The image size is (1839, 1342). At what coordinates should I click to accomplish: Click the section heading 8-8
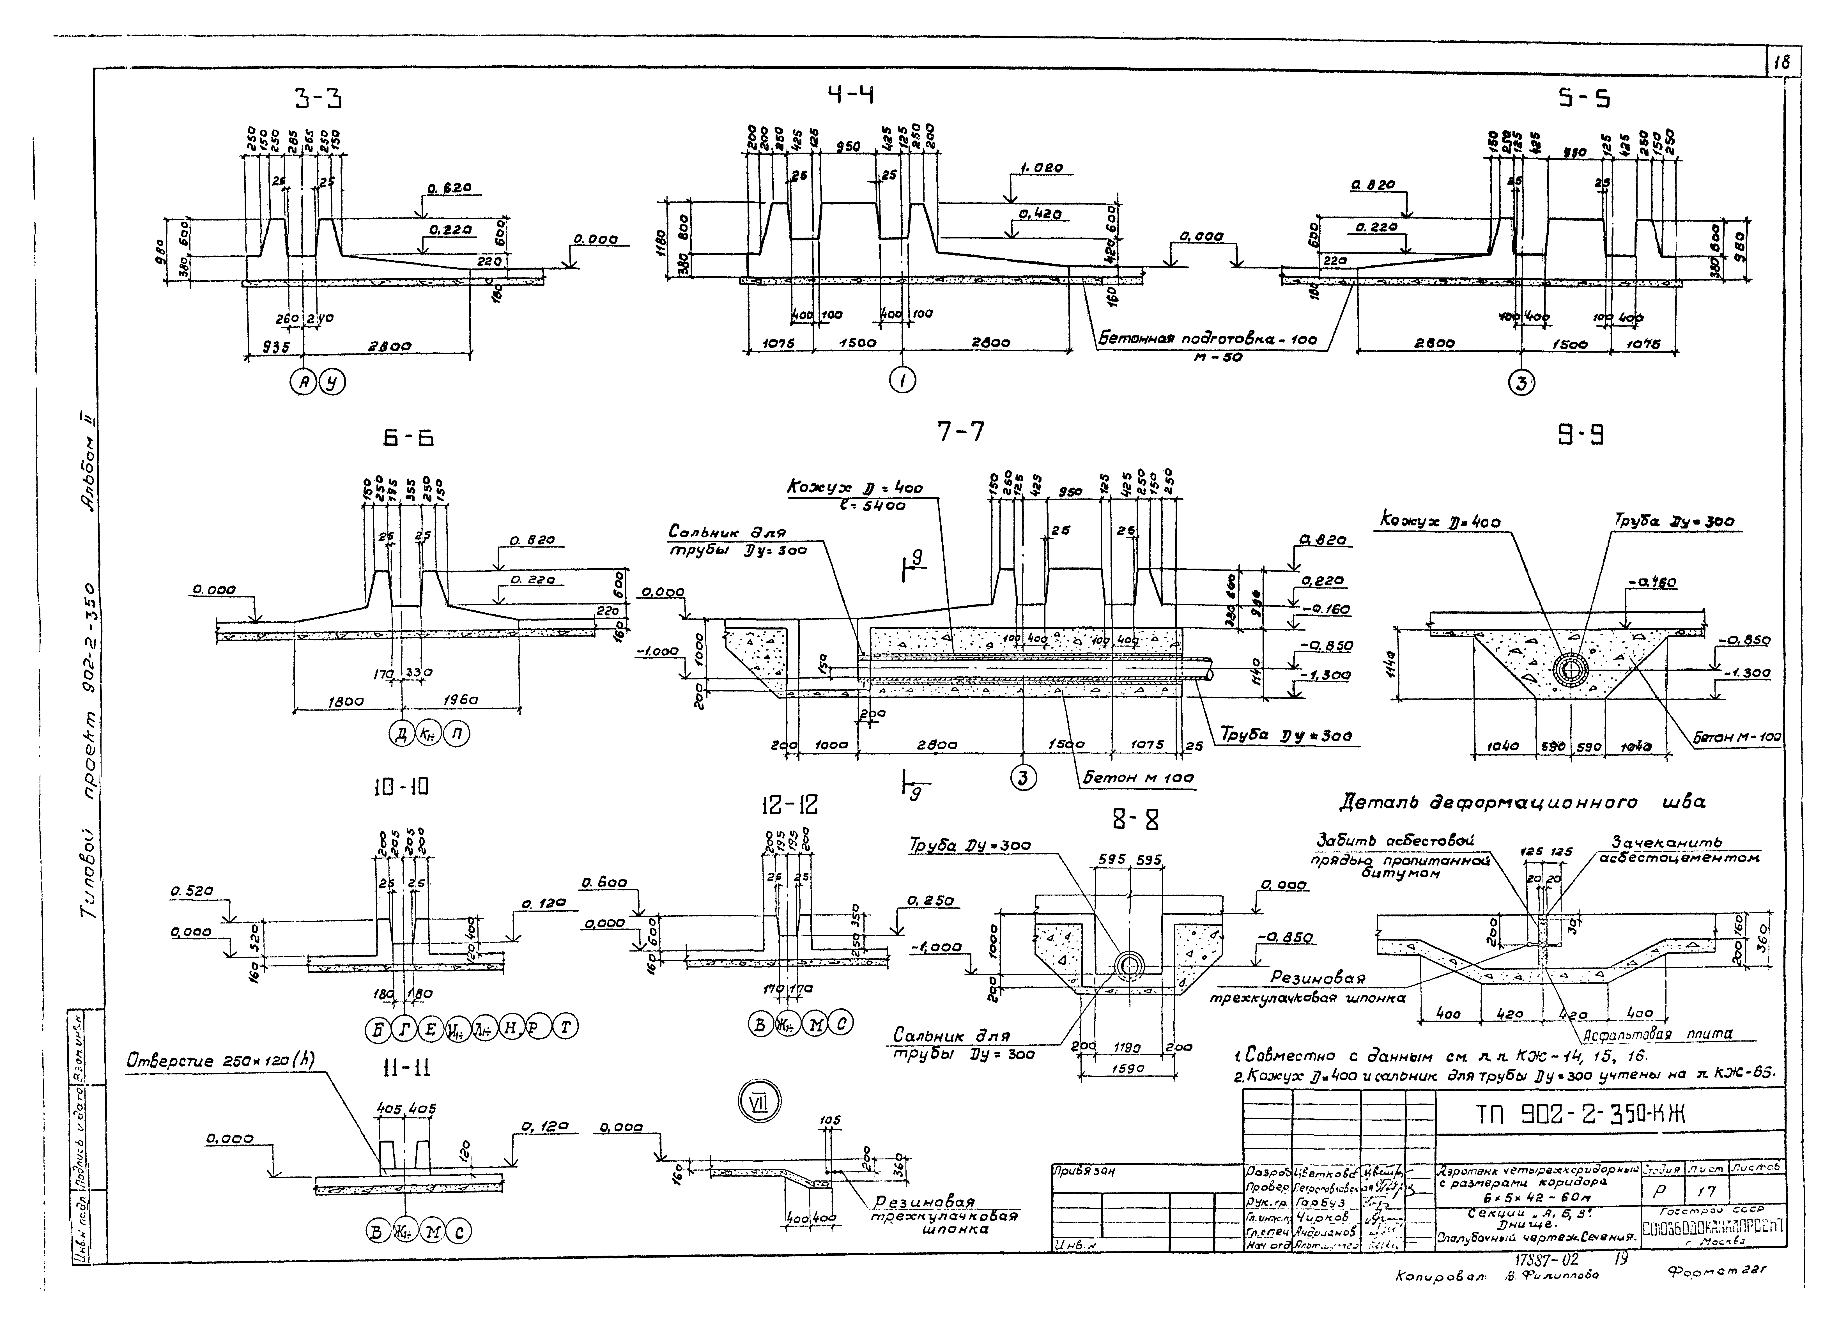point(1135,821)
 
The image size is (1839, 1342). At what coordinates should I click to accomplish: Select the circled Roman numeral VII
point(759,1102)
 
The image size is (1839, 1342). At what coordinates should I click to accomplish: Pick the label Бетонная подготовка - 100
point(1208,339)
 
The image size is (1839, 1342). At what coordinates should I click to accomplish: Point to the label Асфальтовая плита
point(1657,1034)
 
